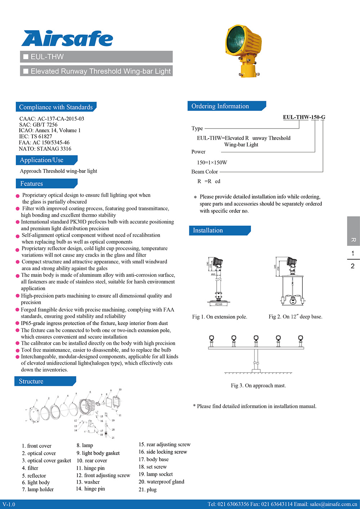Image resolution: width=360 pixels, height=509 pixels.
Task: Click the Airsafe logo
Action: click(x=67, y=39)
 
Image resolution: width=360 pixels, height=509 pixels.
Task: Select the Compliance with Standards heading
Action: click(x=56, y=107)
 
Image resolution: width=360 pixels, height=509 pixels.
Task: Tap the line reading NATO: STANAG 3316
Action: click(x=45, y=149)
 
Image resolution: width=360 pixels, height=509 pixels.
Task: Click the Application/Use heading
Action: click(x=42, y=160)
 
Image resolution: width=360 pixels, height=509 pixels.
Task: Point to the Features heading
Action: click(x=32, y=184)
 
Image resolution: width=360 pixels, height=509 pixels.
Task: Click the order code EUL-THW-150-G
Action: click(x=304, y=117)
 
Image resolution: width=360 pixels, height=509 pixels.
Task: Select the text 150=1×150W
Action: click(x=212, y=162)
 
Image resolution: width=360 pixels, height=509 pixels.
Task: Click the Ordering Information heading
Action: click(x=220, y=106)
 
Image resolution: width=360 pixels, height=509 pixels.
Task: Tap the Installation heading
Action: click(x=208, y=230)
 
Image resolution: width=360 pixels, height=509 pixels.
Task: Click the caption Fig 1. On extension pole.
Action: click(x=220, y=317)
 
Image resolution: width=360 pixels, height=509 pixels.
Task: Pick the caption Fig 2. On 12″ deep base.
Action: click(x=295, y=317)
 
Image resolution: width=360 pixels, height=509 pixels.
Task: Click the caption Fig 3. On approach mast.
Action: click(x=258, y=386)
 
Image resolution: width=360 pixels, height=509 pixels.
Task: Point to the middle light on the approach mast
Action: click(x=256, y=338)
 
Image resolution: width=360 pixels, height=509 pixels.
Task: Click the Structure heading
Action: click(x=31, y=381)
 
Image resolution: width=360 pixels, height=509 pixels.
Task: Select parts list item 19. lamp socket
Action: click(x=156, y=474)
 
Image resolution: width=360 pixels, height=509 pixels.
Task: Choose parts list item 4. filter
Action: click(x=30, y=468)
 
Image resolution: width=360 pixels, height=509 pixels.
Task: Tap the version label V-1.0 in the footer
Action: click(x=9, y=504)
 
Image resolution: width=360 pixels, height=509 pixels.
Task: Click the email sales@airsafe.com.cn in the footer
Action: click(x=333, y=504)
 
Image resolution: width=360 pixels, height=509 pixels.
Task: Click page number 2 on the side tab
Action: click(x=353, y=266)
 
